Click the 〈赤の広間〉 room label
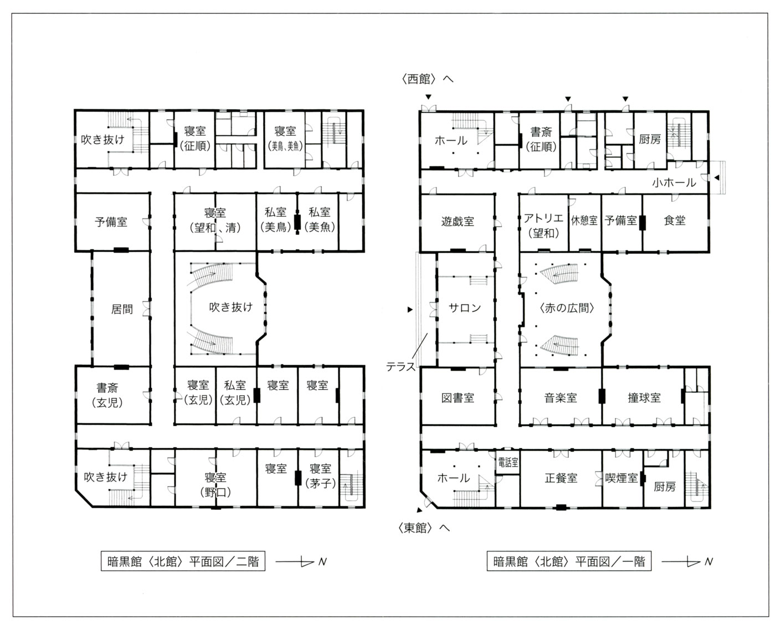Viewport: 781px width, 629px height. coord(567,308)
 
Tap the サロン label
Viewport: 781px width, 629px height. coord(465,308)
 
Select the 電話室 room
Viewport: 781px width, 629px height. coord(508,462)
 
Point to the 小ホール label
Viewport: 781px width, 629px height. coord(674,182)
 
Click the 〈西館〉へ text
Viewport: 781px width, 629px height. coord(427,79)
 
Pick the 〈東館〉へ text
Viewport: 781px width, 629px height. coord(424,528)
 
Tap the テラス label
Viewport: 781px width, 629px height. coord(400,367)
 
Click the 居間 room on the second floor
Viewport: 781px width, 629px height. coord(121,309)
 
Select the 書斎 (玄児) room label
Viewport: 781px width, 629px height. coord(107,395)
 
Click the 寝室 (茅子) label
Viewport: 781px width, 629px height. coord(320,475)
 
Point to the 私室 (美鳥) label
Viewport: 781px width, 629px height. coord(275,219)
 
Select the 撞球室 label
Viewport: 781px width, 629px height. coord(644,398)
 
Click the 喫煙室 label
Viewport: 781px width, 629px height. coord(621,478)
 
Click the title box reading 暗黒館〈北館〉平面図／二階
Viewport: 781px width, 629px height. coord(183,561)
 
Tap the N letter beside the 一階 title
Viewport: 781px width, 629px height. coord(709,561)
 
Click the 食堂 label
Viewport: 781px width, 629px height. coord(674,220)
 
